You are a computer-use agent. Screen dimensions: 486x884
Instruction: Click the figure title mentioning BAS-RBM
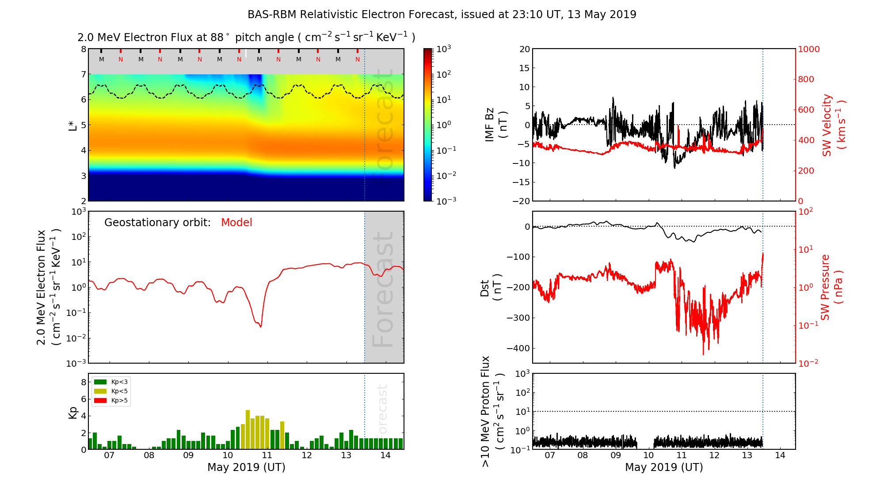click(442, 15)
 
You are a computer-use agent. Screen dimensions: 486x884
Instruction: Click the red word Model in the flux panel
click(236, 223)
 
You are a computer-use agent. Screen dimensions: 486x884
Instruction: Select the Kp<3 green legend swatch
click(100, 382)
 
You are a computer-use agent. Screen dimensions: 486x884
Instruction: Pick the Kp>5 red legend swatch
click(100, 401)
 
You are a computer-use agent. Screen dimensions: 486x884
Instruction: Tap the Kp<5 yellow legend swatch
click(100, 391)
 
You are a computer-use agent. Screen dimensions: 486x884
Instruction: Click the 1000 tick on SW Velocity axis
click(808, 49)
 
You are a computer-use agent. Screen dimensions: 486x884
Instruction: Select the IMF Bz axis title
click(495, 125)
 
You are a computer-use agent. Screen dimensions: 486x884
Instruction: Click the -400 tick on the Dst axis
click(517, 348)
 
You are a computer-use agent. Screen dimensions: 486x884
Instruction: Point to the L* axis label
click(72, 125)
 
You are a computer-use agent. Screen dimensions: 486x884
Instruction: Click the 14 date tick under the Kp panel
click(385, 456)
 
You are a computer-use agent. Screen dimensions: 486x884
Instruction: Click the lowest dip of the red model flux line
click(261, 327)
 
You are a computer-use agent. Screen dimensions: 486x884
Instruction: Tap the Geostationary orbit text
click(157, 223)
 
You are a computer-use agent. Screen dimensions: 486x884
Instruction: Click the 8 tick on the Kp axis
click(84, 382)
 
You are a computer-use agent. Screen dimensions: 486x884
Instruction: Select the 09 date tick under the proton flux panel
click(615, 456)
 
